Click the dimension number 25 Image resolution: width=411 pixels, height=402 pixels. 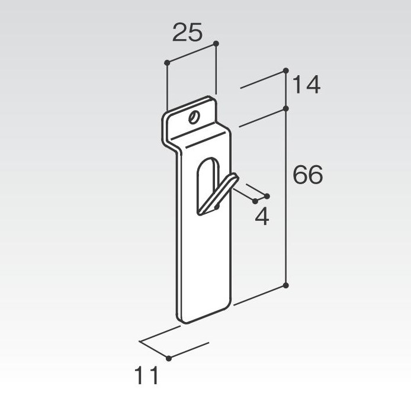[187, 32]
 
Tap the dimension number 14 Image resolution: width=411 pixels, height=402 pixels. [306, 85]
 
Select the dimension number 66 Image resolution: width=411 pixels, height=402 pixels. [308, 175]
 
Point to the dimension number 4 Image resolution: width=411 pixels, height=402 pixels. [262, 217]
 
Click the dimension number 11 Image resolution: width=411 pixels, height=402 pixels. [146, 375]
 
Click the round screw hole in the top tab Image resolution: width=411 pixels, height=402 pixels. [194, 117]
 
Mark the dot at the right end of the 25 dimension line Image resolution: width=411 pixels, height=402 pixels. [216, 43]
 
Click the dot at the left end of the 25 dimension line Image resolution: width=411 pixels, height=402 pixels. [167, 63]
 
